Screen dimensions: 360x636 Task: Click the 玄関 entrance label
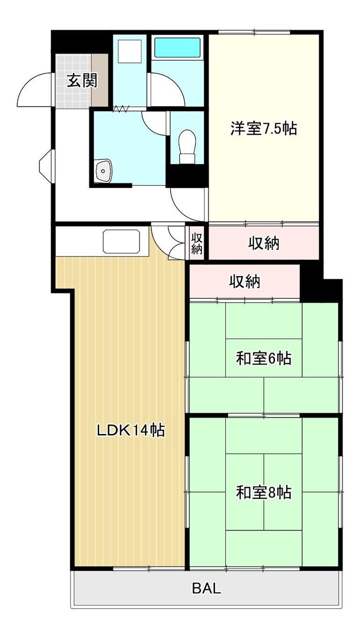click(82, 80)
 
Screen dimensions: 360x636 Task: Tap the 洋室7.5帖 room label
click(264, 128)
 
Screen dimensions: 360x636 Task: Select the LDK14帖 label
click(131, 430)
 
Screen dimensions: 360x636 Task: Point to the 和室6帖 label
click(264, 358)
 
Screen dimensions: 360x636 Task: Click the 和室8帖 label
click(264, 492)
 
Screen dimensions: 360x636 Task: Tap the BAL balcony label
click(206, 586)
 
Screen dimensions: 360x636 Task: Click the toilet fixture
click(187, 146)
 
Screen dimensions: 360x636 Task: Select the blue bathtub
click(178, 48)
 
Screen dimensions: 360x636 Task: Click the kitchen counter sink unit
click(122, 241)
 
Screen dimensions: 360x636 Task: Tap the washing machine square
click(129, 51)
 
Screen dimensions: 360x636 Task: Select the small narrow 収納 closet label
click(197, 243)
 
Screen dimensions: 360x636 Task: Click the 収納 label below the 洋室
click(264, 243)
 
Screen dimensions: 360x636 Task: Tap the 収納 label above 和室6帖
click(244, 282)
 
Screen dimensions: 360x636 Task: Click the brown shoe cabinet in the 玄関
click(100, 81)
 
